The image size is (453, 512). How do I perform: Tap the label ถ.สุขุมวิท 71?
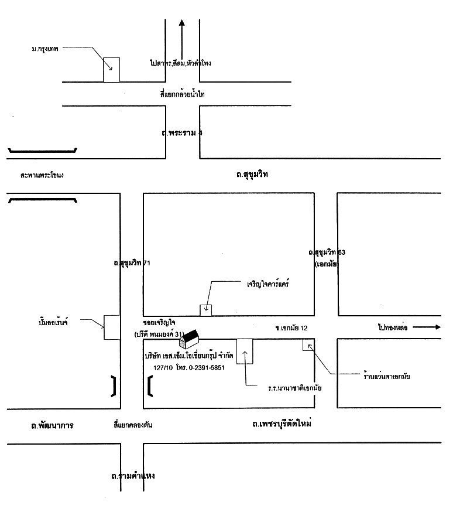click(x=132, y=263)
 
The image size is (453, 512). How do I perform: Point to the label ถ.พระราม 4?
click(x=182, y=133)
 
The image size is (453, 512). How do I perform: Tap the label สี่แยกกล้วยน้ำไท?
click(x=182, y=94)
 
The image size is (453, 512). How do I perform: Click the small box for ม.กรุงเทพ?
click(x=112, y=70)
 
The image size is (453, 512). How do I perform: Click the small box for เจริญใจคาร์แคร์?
click(x=206, y=310)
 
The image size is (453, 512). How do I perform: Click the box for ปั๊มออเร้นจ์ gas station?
click(x=112, y=327)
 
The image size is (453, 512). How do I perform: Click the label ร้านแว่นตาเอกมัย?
click(x=386, y=376)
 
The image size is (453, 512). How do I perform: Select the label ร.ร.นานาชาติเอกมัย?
click(x=296, y=388)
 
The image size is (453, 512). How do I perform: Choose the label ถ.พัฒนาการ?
click(x=52, y=425)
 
